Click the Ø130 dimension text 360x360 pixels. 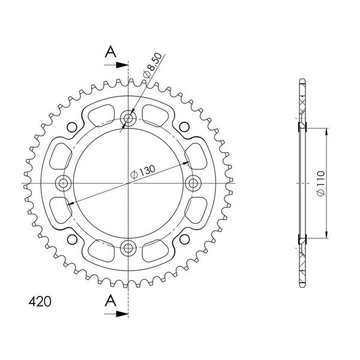coord(143,172)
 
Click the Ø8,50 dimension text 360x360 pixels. coord(152,65)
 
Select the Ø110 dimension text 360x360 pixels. coord(321,183)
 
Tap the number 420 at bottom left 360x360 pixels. coord(40,302)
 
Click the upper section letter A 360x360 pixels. coord(110,52)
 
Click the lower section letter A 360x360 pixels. coord(110,301)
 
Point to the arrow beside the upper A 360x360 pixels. coord(116,65)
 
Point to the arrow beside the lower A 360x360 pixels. coord(116,314)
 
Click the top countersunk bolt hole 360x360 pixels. coord(128,118)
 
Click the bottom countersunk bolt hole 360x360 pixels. coord(128,248)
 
